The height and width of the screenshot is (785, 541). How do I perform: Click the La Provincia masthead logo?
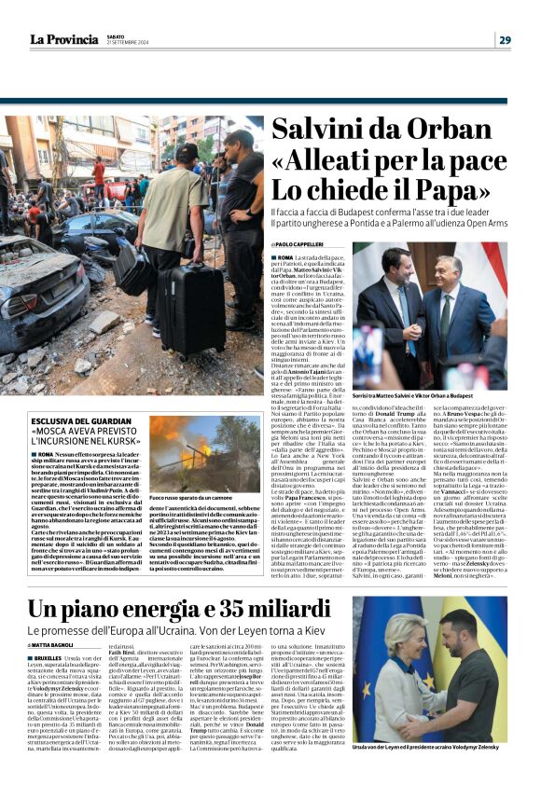62,38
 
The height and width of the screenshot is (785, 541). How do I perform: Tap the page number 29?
504,39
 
